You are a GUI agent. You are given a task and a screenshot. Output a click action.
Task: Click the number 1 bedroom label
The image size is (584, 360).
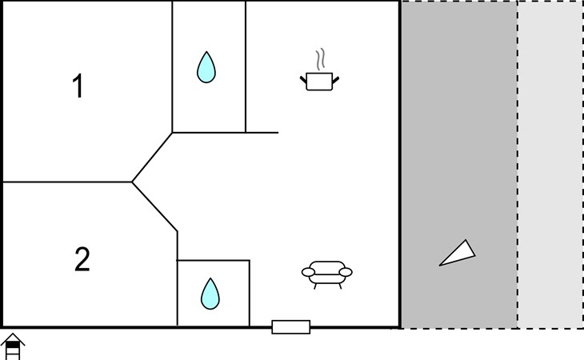pyautogui.click(x=78, y=86)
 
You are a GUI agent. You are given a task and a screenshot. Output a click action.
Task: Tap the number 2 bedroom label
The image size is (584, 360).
pyautogui.click(x=82, y=259)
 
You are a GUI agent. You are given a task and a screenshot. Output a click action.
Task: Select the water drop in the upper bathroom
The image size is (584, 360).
pyautogui.click(x=206, y=67)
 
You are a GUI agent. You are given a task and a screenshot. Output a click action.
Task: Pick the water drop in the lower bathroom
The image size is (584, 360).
pyautogui.click(x=210, y=294)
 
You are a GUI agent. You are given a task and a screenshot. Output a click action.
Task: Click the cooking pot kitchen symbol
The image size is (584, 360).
pyautogui.click(x=319, y=81)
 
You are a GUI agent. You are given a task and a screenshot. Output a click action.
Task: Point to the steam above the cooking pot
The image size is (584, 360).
pyautogui.click(x=320, y=59)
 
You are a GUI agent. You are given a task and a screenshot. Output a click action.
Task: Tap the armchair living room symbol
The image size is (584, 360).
pyautogui.click(x=326, y=274)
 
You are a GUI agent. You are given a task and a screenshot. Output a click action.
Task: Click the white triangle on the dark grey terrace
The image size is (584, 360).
pyautogui.click(x=458, y=254)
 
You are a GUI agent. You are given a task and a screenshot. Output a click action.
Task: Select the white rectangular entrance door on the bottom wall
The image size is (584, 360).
pyautogui.click(x=291, y=327)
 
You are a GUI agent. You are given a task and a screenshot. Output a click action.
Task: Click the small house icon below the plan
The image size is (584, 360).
pyautogui.click(x=13, y=346)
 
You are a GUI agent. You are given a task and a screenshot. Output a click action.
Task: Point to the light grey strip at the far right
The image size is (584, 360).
pyautogui.click(x=550, y=165)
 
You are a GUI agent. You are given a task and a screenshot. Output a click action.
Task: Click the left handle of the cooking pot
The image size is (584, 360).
pyautogui.click(x=303, y=80)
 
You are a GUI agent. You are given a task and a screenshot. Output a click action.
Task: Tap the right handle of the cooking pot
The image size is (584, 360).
pyautogui.click(x=335, y=80)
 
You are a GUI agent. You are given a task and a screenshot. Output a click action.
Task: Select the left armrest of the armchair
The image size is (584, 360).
pyautogui.click(x=308, y=272)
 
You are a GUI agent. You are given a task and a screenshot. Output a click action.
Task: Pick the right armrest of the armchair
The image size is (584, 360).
pyautogui.click(x=346, y=272)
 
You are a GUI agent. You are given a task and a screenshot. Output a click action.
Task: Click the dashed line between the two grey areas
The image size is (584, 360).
pyautogui.click(x=518, y=165)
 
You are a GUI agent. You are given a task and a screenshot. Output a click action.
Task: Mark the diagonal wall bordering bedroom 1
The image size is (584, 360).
pyautogui.click(x=152, y=157)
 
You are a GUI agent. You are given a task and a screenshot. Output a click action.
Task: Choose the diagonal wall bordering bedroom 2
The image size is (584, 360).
pyautogui.click(x=154, y=206)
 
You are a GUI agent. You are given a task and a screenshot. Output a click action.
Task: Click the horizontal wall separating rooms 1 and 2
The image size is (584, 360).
pyautogui.click(x=67, y=182)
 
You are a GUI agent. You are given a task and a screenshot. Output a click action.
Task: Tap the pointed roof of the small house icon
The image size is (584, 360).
pyautogui.click(x=13, y=338)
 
